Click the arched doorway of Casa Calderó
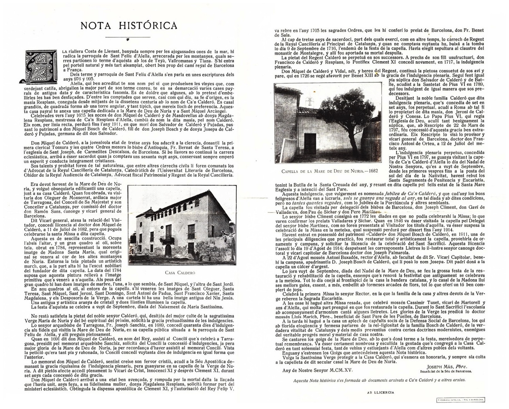[168, 251]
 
